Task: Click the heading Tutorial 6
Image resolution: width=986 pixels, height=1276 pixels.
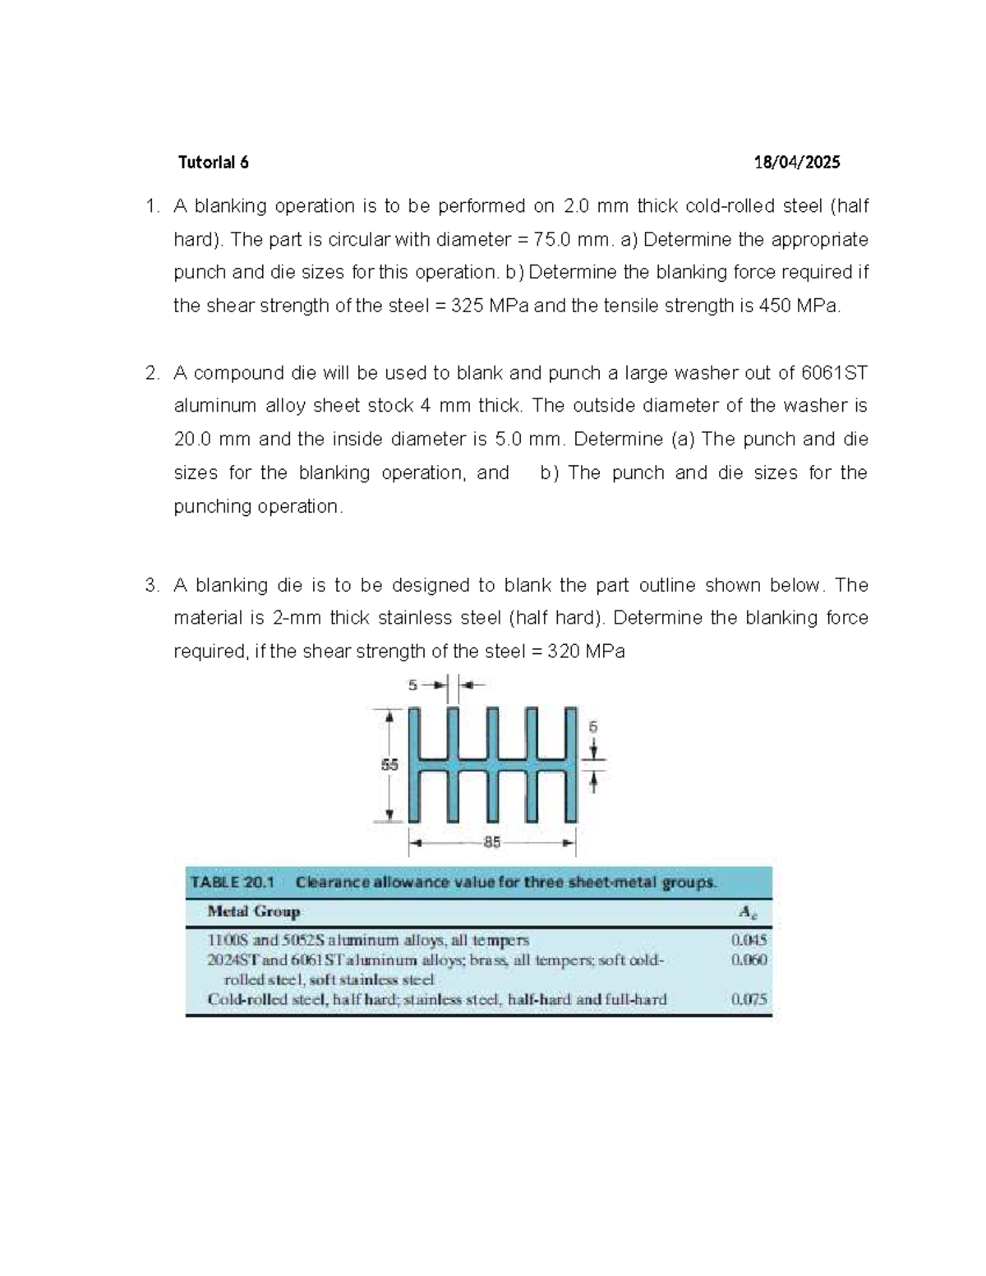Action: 213,162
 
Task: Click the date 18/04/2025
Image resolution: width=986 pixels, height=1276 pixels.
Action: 797,162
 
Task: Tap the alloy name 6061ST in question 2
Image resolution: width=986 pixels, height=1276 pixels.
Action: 834,373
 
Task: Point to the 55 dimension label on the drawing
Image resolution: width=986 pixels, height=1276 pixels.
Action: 389,764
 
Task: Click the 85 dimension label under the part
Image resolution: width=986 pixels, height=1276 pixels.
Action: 492,842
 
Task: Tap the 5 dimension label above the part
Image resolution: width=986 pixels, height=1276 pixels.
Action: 413,684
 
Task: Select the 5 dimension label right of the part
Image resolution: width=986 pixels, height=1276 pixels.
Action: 593,726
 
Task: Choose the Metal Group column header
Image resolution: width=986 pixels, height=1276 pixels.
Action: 254,911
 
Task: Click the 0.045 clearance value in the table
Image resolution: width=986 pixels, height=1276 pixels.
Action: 749,939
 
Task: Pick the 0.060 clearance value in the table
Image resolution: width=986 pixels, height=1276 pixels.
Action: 749,960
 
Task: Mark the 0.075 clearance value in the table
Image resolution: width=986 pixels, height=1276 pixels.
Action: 749,1000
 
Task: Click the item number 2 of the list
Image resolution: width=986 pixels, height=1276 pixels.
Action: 151,373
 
